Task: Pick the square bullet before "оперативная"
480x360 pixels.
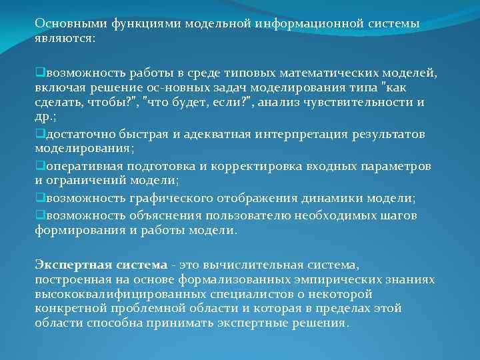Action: point(39,165)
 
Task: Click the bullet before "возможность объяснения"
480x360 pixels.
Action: point(39,215)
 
